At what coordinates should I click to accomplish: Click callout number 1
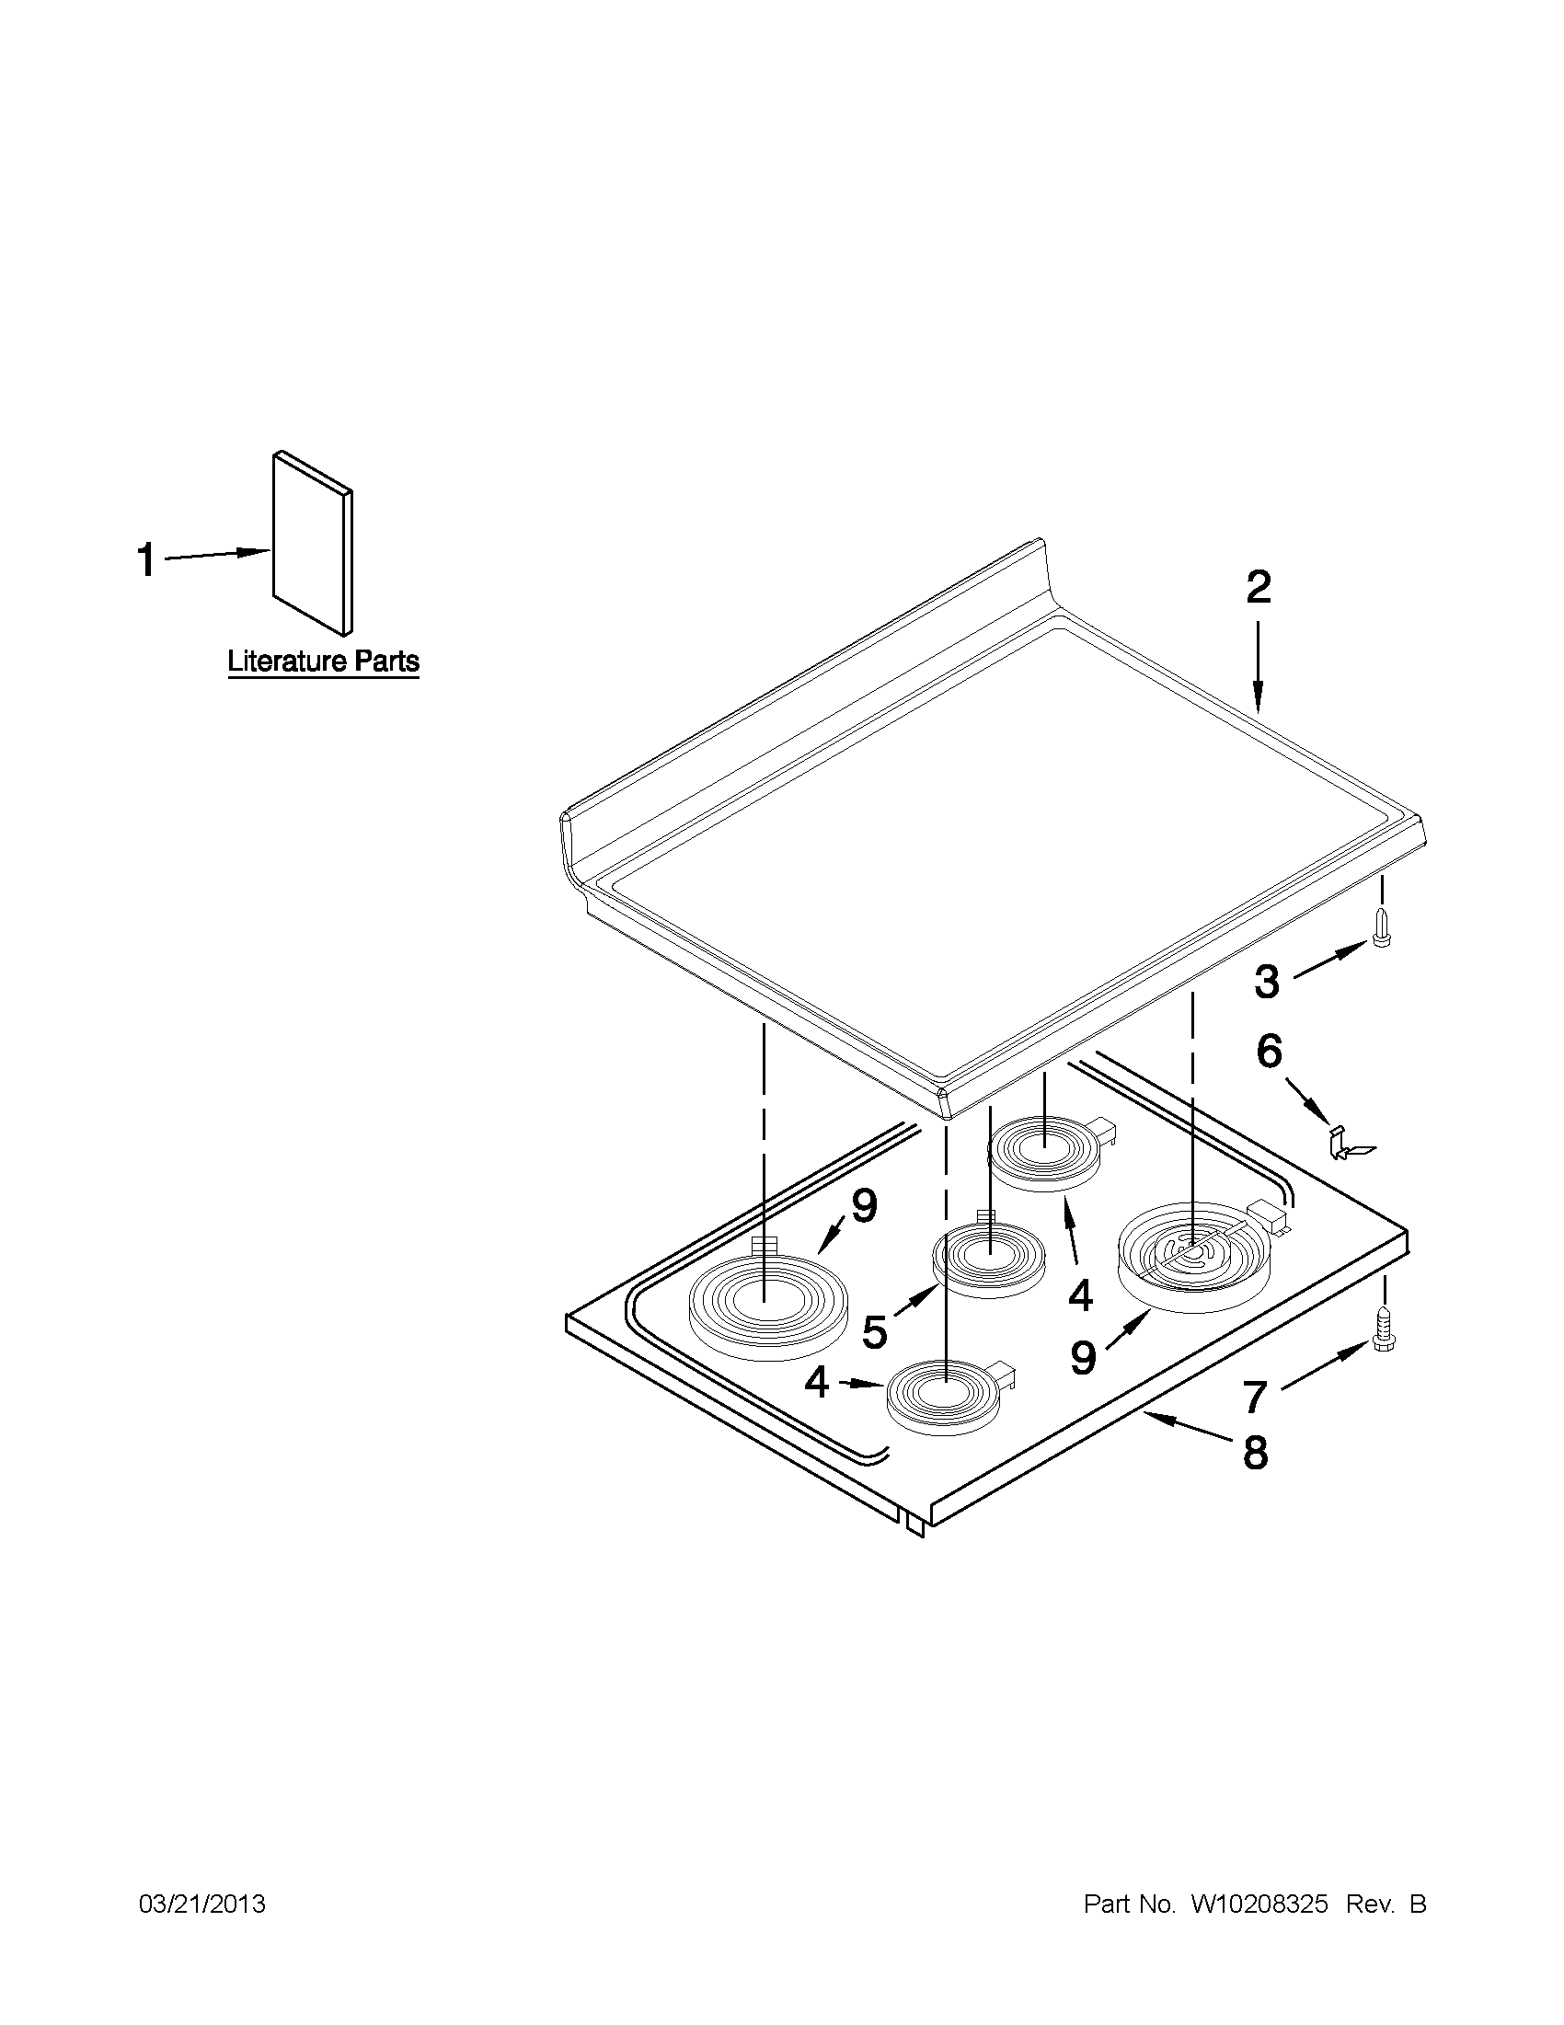click(x=146, y=561)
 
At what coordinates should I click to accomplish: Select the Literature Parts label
click(x=324, y=662)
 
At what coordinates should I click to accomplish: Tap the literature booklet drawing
click(x=314, y=544)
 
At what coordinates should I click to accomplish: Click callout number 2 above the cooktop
click(x=1258, y=587)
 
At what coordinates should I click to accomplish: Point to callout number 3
click(x=1267, y=982)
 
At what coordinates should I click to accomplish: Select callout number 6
click(x=1270, y=1053)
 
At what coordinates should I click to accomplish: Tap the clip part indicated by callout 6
click(x=1345, y=1144)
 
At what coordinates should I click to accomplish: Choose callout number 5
click(x=874, y=1332)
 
